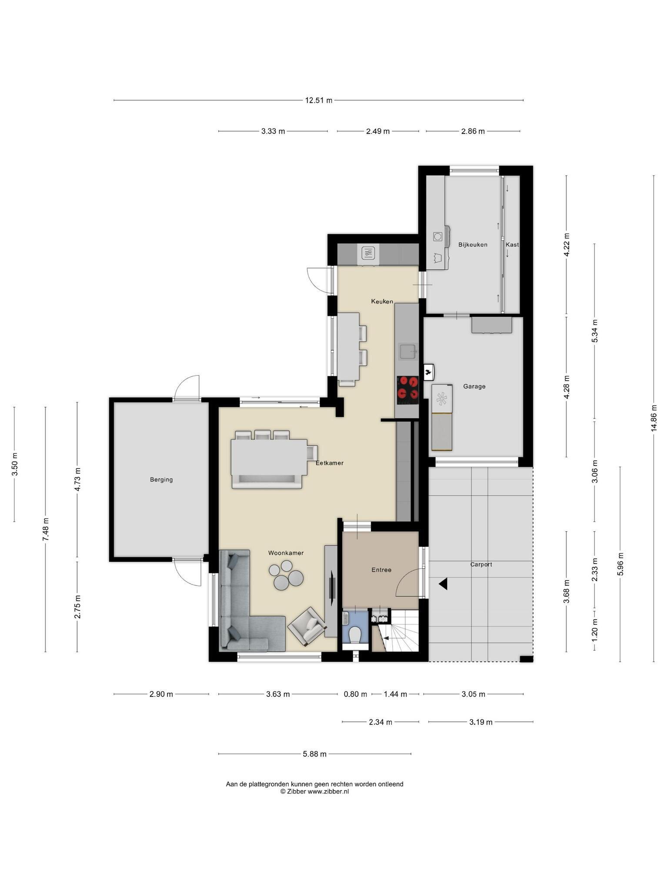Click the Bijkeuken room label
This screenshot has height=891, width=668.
[473, 245]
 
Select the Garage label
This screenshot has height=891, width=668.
[474, 386]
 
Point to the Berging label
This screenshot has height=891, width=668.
[161, 480]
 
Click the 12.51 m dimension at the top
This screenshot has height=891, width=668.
[318, 100]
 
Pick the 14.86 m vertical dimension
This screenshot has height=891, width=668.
[654, 418]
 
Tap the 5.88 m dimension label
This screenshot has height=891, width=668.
[315, 754]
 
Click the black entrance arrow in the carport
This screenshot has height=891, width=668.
[443, 584]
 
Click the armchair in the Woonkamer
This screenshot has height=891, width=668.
[307, 626]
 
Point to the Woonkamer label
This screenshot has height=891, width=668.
[286, 553]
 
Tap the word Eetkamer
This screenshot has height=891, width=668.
[330, 463]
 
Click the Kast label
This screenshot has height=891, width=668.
[512, 245]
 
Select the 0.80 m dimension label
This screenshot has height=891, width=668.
[355, 694]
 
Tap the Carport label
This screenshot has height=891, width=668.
[481, 565]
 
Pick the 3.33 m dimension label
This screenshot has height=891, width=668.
[273, 131]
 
